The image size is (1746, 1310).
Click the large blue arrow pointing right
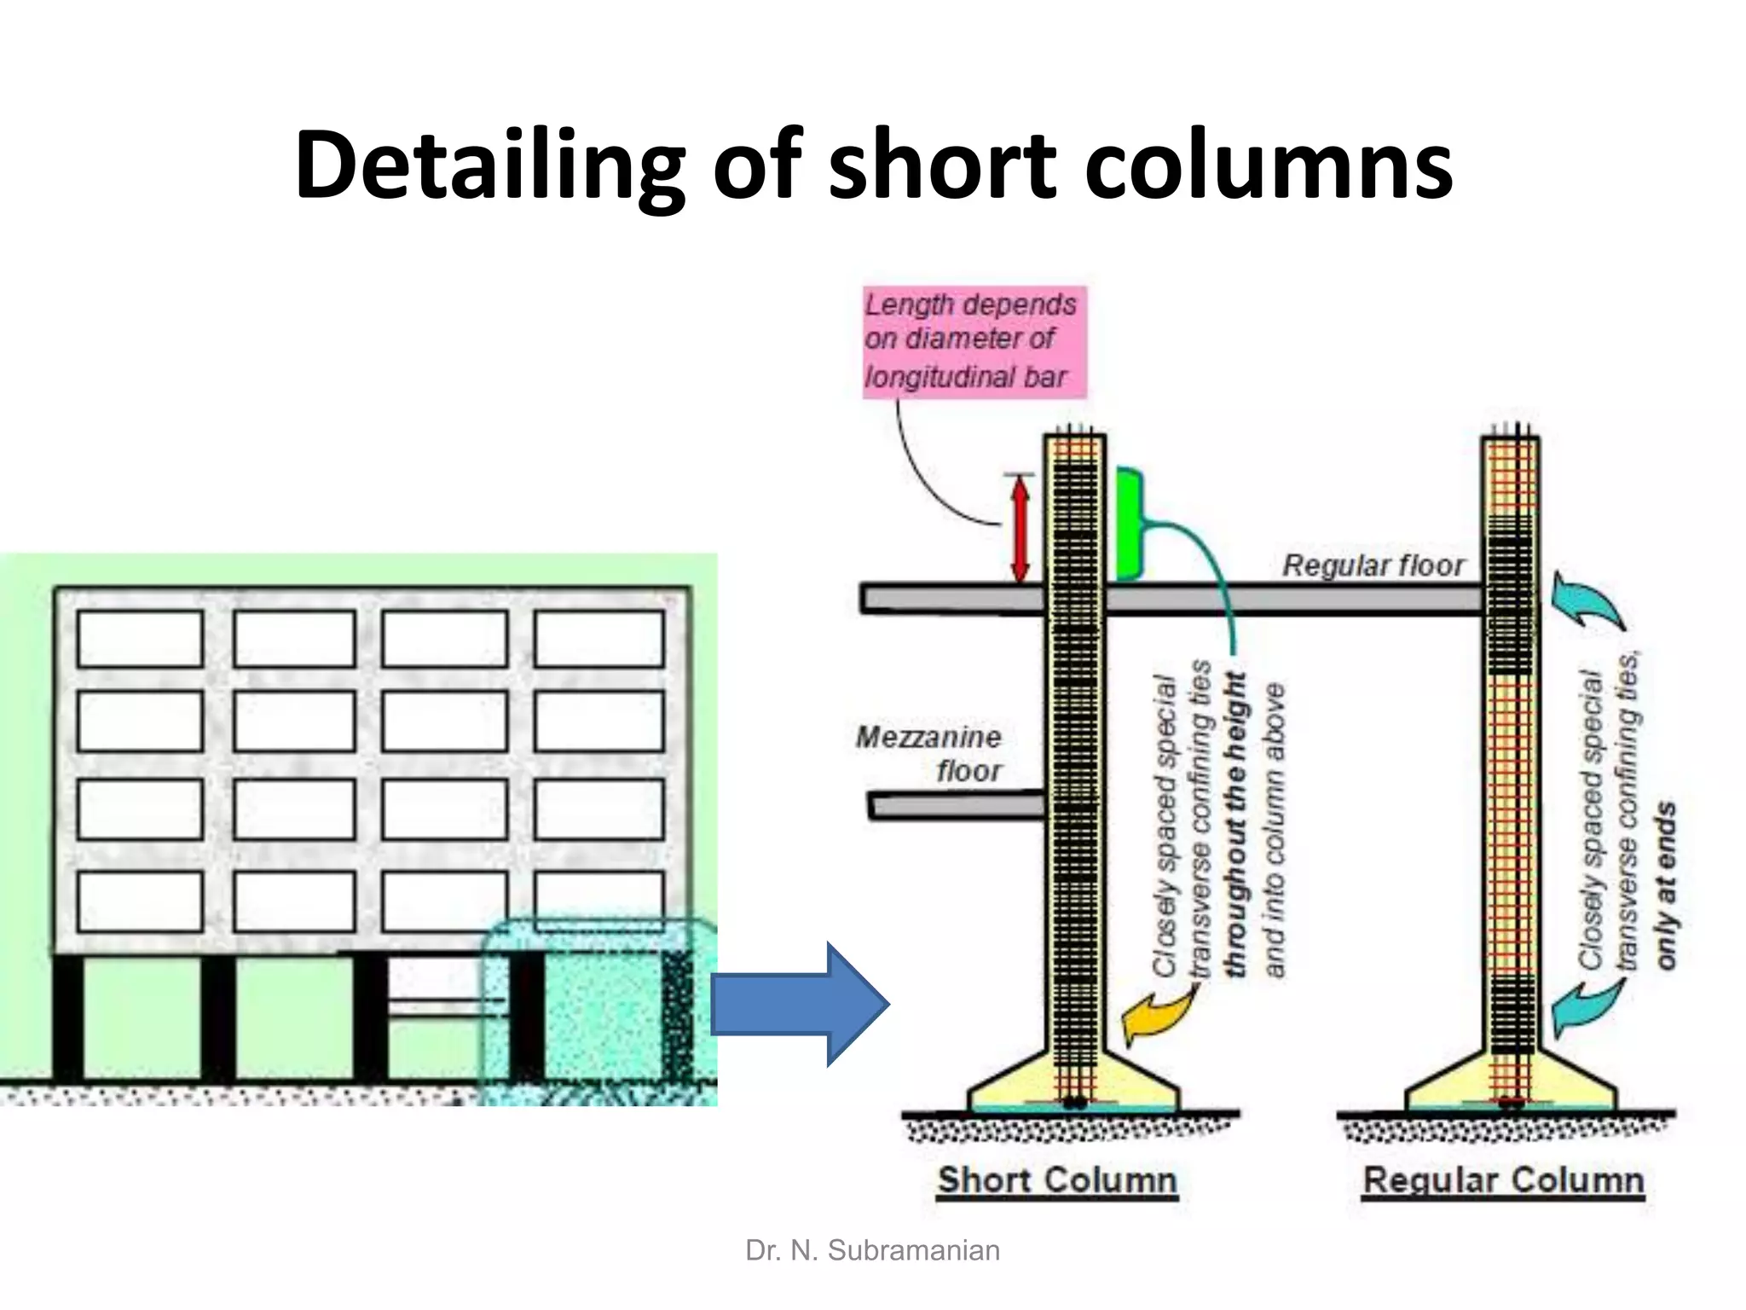tap(797, 1004)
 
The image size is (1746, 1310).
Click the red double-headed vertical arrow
tap(1020, 529)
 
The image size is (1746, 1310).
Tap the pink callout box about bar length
tap(974, 341)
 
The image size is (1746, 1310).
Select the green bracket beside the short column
tap(1128, 525)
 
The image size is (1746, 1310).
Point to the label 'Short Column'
tap(1057, 1180)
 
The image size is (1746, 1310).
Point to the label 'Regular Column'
tap(1502, 1180)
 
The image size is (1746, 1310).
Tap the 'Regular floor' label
tap(1373, 565)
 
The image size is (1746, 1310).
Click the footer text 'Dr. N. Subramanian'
tap(872, 1250)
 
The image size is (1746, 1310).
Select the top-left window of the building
tap(140, 638)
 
